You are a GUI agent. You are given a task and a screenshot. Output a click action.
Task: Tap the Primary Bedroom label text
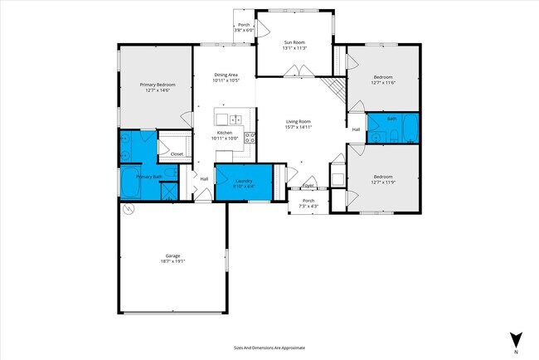(x=157, y=84)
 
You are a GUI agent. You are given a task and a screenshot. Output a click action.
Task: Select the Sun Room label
(x=295, y=42)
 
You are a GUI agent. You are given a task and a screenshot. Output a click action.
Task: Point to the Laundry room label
(x=244, y=181)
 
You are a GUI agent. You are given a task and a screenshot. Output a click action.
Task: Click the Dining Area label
(x=226, y=75)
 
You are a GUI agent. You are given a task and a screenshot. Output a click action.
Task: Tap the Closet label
(x=177, y=153)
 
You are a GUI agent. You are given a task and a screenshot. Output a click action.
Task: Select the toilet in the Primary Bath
(x=168, y=173)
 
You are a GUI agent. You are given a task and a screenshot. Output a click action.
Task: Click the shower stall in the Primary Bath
(x=168, y=191)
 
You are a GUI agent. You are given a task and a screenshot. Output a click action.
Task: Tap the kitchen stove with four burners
(x=250, y=138)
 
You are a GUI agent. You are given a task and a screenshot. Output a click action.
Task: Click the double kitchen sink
(x=235, y=119)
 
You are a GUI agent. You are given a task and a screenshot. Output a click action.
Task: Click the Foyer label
(x=308, y=186)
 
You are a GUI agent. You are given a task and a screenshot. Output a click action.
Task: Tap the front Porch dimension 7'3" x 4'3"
(x=308, y=206)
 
